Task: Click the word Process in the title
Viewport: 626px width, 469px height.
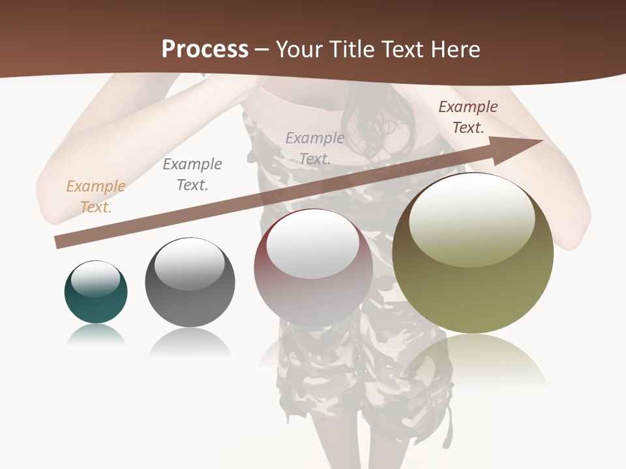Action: (205, 49)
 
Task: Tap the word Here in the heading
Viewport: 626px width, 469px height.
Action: (455, 49)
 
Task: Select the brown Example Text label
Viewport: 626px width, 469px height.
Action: (468, 117)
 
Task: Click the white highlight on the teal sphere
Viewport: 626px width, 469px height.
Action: (96, 279)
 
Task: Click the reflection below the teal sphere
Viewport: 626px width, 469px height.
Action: (96, 335)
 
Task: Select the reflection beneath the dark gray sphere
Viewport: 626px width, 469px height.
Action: (190, 341)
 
